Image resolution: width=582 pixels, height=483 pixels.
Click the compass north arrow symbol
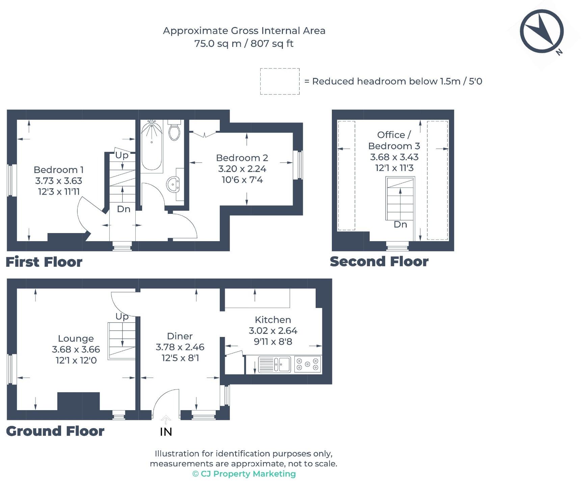[542, 31]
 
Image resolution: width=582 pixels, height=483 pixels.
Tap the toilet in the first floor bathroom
[175, 130]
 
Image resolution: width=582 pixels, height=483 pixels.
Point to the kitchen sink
[274, 364]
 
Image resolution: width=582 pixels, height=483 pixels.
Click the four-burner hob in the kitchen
[307, 364]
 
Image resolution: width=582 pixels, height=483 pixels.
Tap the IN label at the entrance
[166, 432]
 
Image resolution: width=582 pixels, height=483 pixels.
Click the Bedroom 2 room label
[242, 158]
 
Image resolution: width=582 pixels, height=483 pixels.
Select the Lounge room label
[76, 339]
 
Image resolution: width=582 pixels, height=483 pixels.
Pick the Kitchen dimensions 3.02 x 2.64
[273, 331]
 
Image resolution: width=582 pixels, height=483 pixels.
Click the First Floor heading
[44, 262]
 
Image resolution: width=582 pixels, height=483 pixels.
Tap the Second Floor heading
[379, 261]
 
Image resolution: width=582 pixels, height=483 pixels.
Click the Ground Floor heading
[55, 431]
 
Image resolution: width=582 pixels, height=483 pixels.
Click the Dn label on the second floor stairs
[400, 225]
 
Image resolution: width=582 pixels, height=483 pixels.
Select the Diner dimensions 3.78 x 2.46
[180, 347]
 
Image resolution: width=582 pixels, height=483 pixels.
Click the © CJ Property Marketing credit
[244, 474]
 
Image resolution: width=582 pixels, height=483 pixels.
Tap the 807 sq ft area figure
[272, 44]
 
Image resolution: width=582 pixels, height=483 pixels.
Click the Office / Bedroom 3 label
[394, 140]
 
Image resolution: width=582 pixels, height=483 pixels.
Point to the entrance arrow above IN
[166, 420]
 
